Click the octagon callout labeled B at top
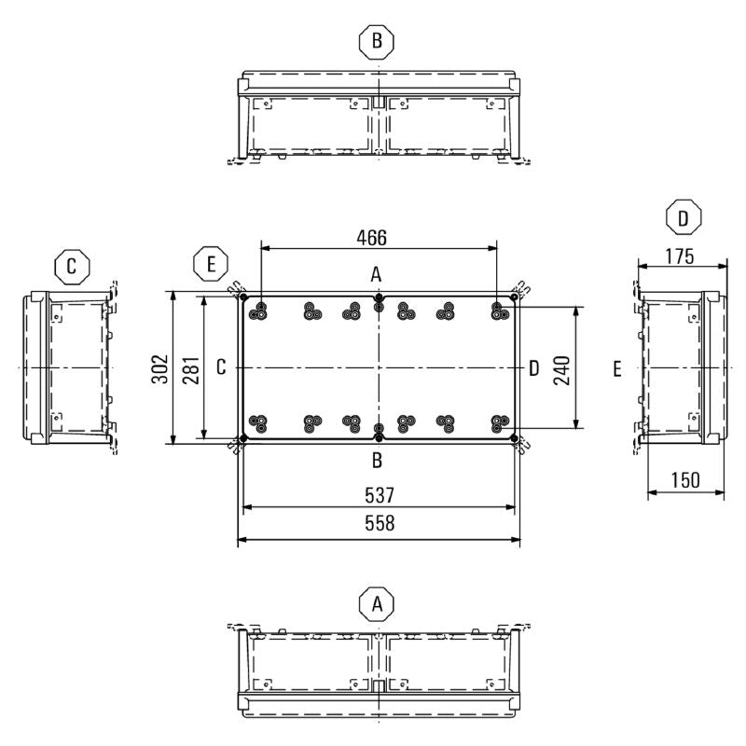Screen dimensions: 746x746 coord(377,40)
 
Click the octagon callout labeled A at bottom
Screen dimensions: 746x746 coord(377,603)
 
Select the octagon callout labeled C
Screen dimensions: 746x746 coord(71,269)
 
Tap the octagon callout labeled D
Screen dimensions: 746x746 coord(684,218)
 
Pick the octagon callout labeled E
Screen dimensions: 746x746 coord(211,265)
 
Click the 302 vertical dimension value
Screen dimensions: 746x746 coord(159,368)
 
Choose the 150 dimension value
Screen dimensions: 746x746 coord(685,480)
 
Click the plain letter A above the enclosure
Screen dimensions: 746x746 coord(377,274)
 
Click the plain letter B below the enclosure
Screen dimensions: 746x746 coord(377,460)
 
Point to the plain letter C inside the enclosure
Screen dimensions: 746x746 coord(221,368)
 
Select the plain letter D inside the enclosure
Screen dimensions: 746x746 coord(533,368)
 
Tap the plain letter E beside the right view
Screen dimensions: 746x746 coord(617,370)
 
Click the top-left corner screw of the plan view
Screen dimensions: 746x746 coord(244,298)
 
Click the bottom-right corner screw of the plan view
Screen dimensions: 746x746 coord(514,437)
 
